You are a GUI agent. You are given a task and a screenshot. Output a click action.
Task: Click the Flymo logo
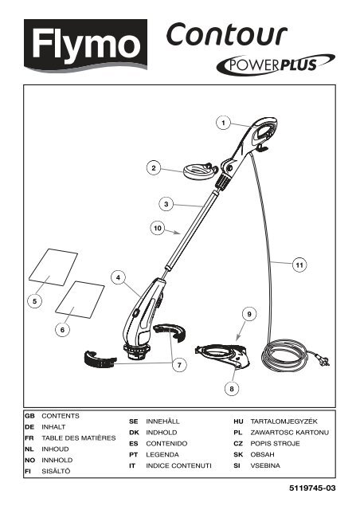[x=85, y=44]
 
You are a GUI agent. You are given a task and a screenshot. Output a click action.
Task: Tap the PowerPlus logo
[x=276, y=65]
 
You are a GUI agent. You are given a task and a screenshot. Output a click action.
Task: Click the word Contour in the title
[x=227, y=34]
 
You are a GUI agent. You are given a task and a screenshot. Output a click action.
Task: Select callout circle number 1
[x=223, y=123]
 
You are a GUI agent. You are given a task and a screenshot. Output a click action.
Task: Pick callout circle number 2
[x=154, y=168]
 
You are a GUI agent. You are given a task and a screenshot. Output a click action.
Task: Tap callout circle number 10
[x=158, y=228]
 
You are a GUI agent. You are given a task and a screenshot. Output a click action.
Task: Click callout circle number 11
[x=299, y=265]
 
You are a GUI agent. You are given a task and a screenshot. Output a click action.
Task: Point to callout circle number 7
[x=179, y=365]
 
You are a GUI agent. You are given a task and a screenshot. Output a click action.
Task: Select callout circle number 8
[x=232, y=389]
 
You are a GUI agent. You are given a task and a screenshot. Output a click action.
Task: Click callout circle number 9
[x=249, y=314]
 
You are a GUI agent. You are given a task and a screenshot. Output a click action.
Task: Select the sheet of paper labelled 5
[x=53, y=268]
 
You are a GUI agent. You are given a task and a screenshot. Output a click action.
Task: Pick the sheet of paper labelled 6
[x=80, y=300]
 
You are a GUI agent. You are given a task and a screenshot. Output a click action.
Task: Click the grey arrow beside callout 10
[x=172, y=231]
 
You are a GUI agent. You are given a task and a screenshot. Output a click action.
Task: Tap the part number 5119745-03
[x=312, y=488]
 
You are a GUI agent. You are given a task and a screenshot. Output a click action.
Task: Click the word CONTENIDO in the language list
[x=166, y=444]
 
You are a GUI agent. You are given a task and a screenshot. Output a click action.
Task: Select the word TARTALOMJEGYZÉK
[x=284, y=422]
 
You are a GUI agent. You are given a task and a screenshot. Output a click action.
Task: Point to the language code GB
[x=29, y=416]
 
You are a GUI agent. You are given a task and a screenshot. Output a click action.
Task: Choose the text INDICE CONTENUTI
[x=178, y=465]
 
